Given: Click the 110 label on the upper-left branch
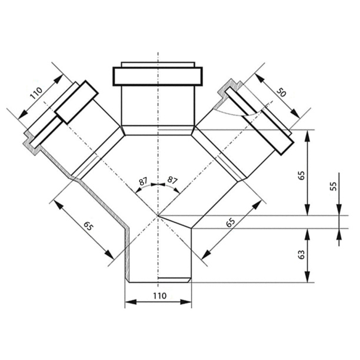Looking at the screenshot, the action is point(37,93).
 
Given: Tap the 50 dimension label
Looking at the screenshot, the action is point(282,92).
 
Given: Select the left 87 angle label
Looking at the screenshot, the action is point(144,181).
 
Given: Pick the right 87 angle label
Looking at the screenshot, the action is point(172,180).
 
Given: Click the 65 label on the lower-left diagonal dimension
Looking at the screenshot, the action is point(89,226).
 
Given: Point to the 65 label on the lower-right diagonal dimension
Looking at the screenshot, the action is point(231,222).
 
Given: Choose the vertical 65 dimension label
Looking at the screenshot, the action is point(302,175).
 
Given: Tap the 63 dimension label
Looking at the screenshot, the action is point(301,254).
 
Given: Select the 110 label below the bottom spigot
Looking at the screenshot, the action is point(159,296).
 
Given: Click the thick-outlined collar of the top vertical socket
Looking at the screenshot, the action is point(158,76).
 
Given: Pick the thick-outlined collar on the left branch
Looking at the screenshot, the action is point(76,102).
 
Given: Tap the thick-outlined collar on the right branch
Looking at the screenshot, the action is point(259,121).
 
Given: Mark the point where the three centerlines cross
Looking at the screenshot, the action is point(158,215).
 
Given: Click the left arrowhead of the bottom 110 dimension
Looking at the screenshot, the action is point(131,302).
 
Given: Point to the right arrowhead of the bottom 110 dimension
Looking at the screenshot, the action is point(186,302).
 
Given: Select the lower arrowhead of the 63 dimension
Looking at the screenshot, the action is point(307,276).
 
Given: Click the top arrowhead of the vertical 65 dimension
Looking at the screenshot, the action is point(308,135).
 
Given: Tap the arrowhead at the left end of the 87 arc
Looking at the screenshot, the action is point(138,189).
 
